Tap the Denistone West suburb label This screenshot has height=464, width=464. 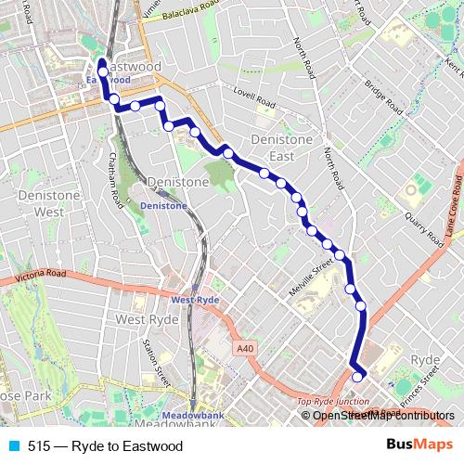click(x=36, y=203)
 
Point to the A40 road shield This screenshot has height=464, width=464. click(x=244, y=348)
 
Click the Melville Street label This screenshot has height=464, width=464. click(x=309, y=277)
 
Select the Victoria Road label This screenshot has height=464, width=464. click(x=43, y=275)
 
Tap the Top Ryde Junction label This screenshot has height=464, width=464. click(x=332, y=402)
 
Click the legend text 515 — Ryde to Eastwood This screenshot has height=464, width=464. click(x=105, y=445)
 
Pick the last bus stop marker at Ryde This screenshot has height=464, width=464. click(x=357, y=377)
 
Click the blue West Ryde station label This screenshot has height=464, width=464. click(x=194, y=300)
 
